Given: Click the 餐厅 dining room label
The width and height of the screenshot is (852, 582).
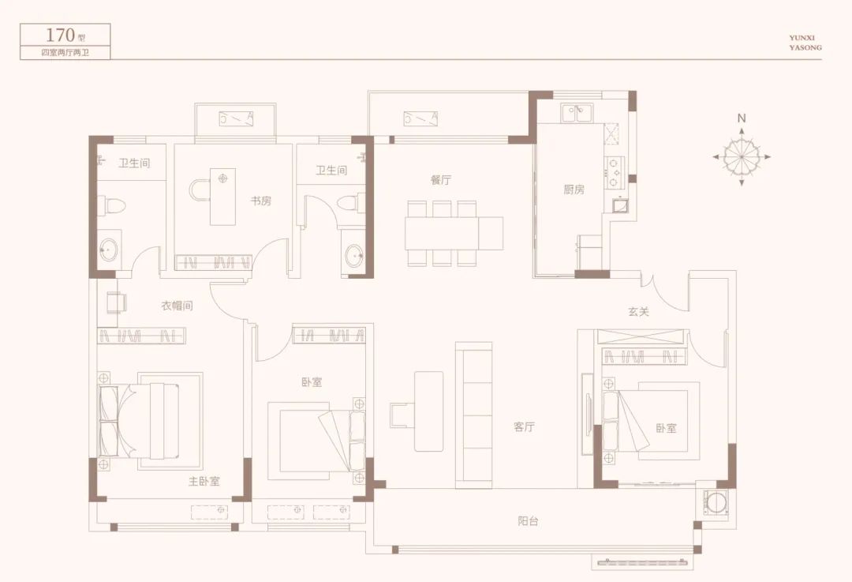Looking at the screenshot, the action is (x=441, y=180).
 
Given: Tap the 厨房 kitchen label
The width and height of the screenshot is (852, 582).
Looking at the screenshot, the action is (x=574, y=190).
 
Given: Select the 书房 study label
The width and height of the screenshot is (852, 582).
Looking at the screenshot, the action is (x=261, y=201).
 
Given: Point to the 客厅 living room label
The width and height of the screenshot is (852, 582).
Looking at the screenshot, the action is (x=525, y=427).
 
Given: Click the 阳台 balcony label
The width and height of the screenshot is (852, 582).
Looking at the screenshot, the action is (x=528, y=521).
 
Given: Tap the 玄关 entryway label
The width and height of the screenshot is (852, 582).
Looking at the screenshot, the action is (x=638, y=312).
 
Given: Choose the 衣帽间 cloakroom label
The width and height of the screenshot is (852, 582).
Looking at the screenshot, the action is (x=177, y=306).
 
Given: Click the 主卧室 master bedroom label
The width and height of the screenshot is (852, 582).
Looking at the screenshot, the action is (x=204, y=482).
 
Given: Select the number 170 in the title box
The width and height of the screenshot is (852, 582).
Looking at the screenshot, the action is (x=60, y=36).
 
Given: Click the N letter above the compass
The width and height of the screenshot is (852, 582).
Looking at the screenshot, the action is (x=742, y=118).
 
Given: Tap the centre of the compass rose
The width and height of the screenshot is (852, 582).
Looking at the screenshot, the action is (x=742, y=157).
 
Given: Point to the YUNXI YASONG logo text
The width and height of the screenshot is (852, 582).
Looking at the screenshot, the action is (x=805, y=43).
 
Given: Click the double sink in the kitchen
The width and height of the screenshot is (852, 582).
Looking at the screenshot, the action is (x=577, y=114).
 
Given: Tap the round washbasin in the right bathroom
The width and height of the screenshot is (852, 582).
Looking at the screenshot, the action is (x=354, y=254).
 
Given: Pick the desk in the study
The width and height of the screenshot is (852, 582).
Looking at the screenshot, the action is (x=222, y=197).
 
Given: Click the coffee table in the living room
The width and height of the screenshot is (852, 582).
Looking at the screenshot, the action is (x=428, y=411).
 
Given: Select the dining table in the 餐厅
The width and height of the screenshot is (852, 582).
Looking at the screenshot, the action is (x=454, y=233).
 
